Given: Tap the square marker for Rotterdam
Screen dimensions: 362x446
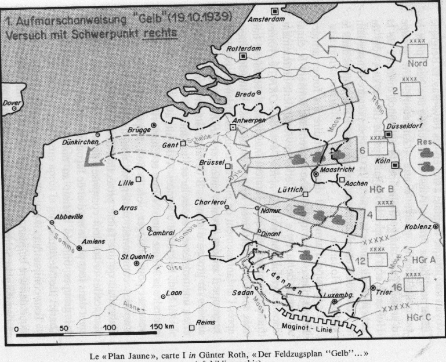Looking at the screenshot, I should click(x=244, y=56).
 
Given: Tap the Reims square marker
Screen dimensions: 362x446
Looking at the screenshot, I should click(x=192, y=328).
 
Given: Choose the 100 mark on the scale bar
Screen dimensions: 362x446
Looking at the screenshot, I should click(x=109, y=328).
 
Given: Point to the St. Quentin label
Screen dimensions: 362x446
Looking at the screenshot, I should click(x=137, y=256).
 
